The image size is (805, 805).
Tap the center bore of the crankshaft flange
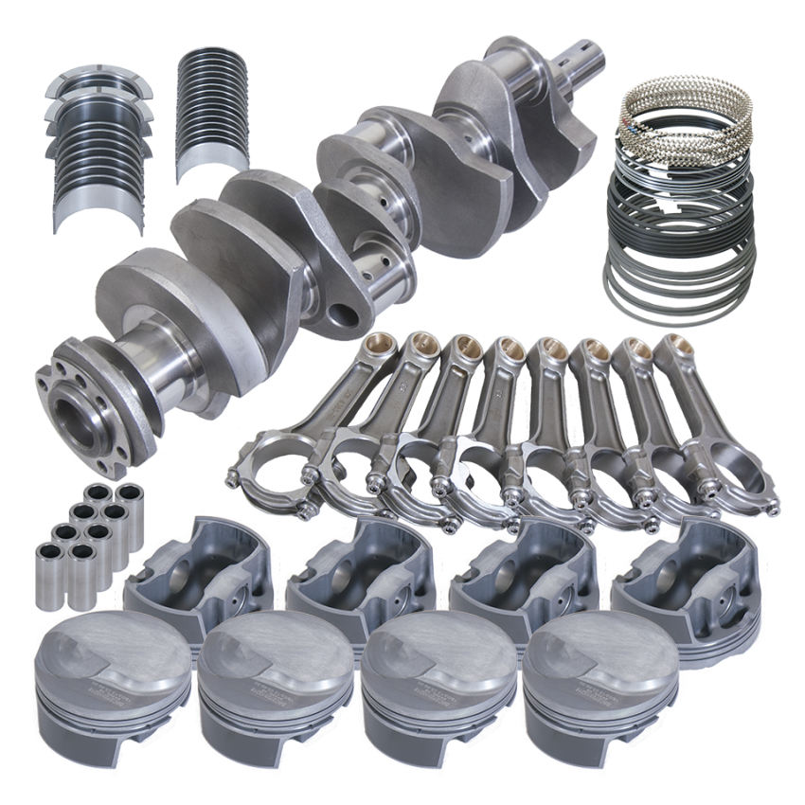click(x=78, y=417)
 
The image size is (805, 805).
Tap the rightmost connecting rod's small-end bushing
click(x=671, y=345)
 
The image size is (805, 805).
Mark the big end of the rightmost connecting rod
click(x=729, y=474)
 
